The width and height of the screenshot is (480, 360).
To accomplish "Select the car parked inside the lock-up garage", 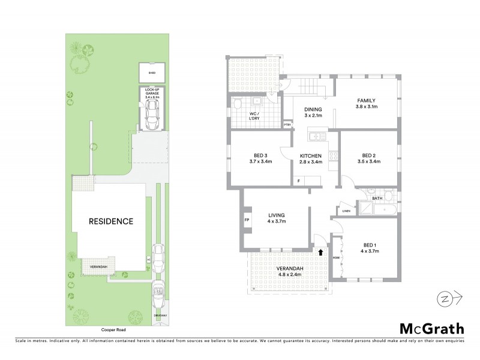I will coord(151,112).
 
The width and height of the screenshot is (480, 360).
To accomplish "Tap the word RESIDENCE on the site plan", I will coord(110,221).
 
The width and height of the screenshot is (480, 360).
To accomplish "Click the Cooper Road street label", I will coord(114,330).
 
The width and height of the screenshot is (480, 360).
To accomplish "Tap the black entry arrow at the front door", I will coord(320,253).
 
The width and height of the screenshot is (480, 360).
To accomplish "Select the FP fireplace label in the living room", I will coord(247,220).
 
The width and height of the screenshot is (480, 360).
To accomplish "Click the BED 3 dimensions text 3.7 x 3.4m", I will coord(260,161).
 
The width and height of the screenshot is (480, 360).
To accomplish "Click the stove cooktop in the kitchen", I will coord(334,157).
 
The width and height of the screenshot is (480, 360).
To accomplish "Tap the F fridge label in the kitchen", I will coord(298,181).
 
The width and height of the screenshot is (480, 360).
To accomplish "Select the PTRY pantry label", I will coord(287,125).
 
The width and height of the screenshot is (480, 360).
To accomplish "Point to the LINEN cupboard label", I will coord(346,211).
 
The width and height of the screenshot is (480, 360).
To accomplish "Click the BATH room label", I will coord(377,197).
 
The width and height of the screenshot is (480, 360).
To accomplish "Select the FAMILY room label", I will coord(367,101).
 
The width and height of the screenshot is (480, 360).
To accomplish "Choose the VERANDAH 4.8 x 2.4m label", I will coord(289,271).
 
